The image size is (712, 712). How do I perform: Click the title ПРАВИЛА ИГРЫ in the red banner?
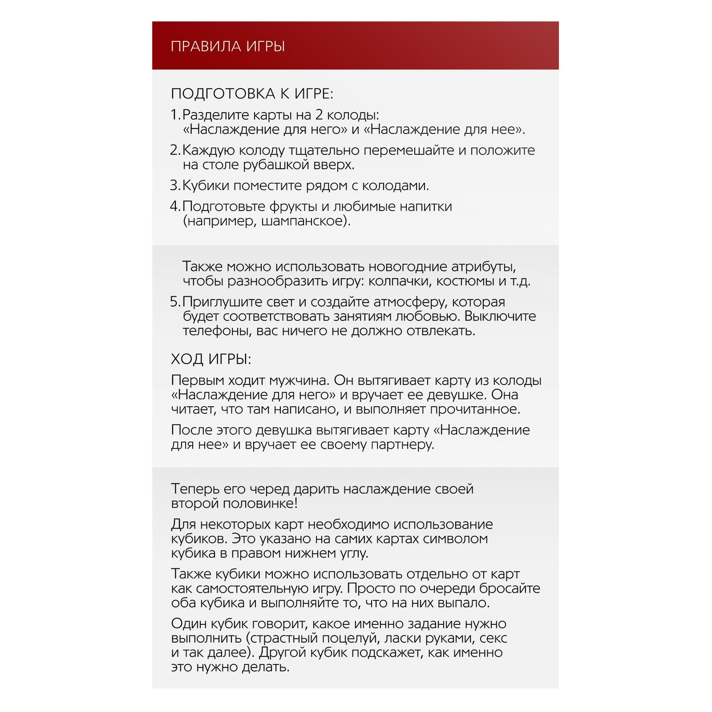pyautogui.click(x=227, y=46)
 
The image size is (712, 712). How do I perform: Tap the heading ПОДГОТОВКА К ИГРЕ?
pyautogui.click(x=252, y=94)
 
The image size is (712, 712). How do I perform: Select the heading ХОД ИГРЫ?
pyautogui.click(x=211, y=359)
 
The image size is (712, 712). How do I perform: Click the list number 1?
pyautogui.click(x=174, y=115)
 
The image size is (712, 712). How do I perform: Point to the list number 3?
pyautogui.click(x=174, y=185)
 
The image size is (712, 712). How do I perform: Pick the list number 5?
pyautogui.click(x=174, y=302)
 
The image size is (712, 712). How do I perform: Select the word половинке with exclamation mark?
pyautogui.click(x=260, y=503)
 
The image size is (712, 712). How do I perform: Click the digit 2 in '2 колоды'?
pyautogui.click(x=319, y=115)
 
